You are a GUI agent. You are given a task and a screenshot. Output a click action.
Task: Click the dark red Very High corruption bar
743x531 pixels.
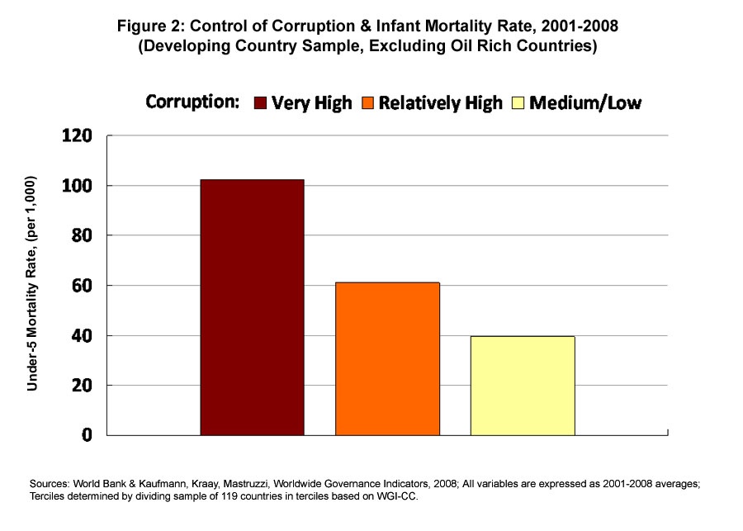point(252,307)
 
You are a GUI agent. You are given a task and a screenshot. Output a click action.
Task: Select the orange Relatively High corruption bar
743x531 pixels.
point(387,358)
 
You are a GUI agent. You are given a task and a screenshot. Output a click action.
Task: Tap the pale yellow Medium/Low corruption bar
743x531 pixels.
point(523,385)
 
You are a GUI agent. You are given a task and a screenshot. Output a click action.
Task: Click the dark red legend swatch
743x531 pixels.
point(259,103)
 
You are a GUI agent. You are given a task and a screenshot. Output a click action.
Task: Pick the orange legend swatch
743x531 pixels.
point(367,103)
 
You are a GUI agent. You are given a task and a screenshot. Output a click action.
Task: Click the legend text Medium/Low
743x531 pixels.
point(585,103)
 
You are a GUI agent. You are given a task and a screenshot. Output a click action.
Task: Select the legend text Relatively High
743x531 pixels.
point(441,103)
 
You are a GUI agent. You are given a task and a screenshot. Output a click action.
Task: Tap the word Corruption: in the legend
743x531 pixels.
point(192,102)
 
